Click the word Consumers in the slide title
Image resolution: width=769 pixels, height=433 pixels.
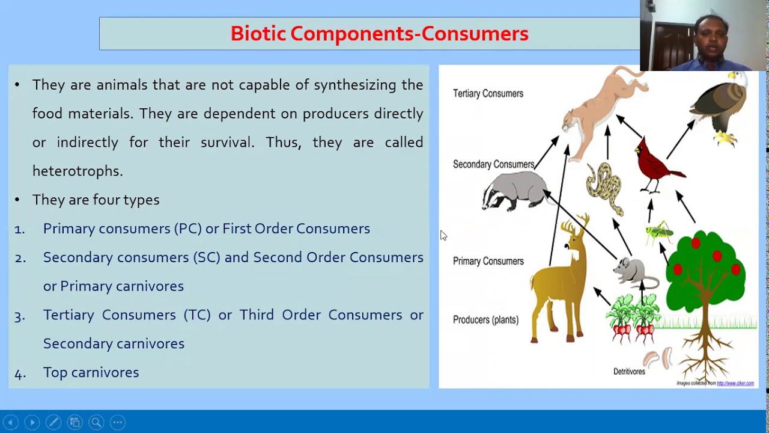[475, 34]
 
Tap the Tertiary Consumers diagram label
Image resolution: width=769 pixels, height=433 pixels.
[488, 94]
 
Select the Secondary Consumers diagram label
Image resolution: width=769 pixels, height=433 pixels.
[493, 164]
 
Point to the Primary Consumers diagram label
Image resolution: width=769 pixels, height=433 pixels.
[488, 261]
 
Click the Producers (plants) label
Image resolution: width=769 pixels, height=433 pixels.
[485, 320]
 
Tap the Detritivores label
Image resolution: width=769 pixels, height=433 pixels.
[629, 372]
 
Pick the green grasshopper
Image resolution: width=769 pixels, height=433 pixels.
[659, 232]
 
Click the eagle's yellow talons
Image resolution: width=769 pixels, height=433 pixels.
[726, 138]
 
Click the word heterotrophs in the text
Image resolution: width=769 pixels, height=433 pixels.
[78, 171]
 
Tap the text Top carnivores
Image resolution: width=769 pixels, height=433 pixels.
[91, 373]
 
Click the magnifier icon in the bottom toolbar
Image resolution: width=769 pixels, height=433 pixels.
[96, 422]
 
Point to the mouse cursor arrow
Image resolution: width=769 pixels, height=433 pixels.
[443, 235]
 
